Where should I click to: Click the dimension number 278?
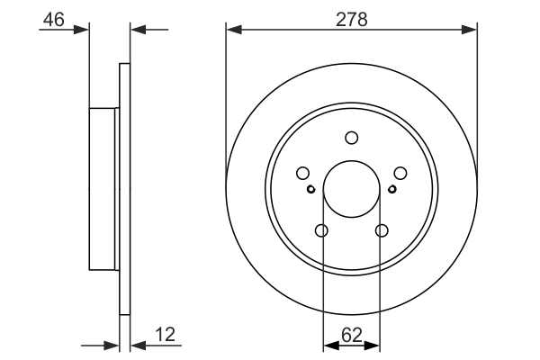(351, 19)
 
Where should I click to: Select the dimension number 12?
(165, 335)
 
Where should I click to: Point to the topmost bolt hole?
(351, 138)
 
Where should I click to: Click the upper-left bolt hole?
(303, 173)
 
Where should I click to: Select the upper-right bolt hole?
(400, 173)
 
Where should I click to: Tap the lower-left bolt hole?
(322, 231)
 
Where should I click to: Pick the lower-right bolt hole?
(381, 231)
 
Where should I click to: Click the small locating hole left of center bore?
(310, 189)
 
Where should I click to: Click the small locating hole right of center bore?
(391, 189)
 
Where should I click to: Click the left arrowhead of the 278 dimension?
(232, 30)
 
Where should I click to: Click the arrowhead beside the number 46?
(85, 30)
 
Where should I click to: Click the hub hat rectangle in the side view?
(104, 188)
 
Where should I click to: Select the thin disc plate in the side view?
(125, 188)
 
